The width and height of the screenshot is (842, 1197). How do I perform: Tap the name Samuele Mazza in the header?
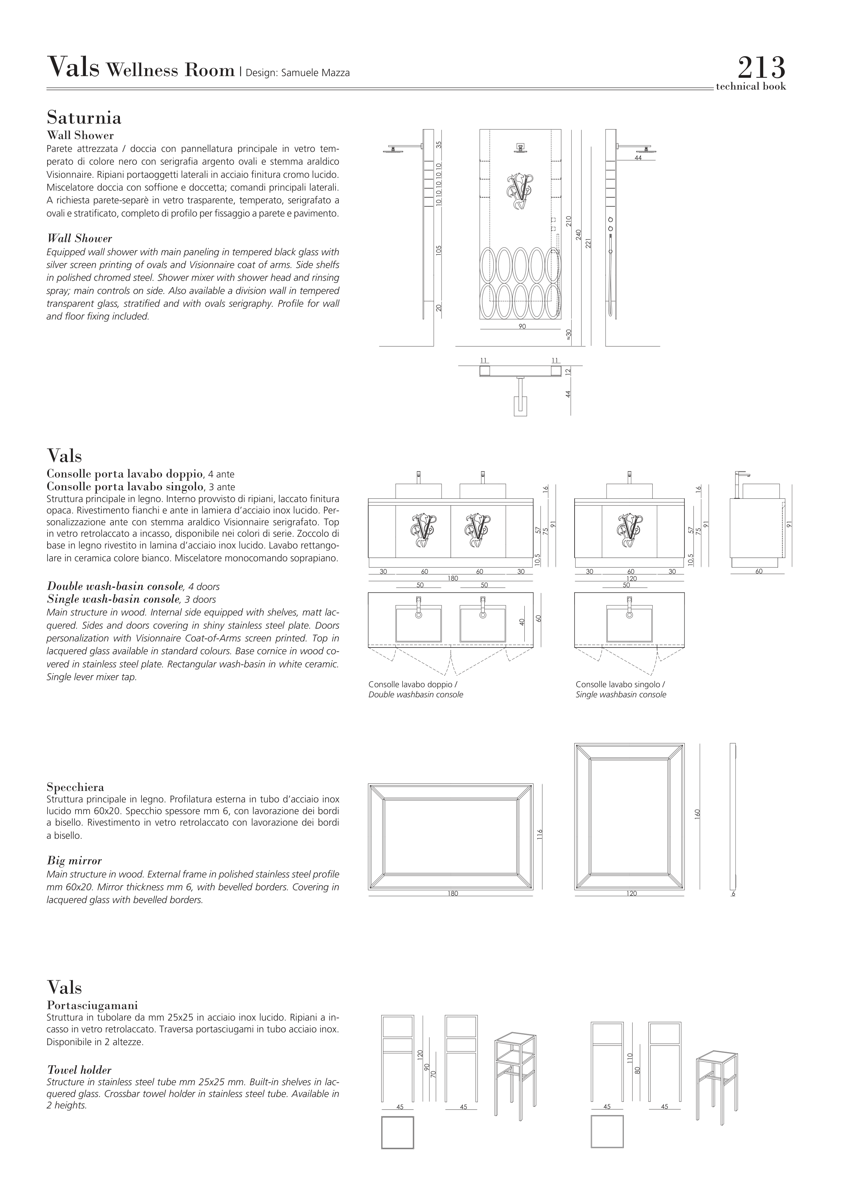click(x=315, y=73)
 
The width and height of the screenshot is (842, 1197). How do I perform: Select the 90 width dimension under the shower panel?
click(x=522, y=326)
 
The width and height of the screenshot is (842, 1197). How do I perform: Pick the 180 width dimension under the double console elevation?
click(x=453, y=578)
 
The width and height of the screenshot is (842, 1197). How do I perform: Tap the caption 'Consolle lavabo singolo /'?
click(x=620, y=685)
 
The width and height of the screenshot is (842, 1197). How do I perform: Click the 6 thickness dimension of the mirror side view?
click(x=733, y=894)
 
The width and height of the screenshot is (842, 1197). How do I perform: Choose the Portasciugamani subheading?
click(x=92, y=1005)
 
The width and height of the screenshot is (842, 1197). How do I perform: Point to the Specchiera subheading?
click(x=75, y=787)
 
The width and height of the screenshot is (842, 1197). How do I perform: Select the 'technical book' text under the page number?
click(x=750, y=87)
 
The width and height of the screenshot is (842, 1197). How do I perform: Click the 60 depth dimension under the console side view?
click(x=758, y=571)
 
